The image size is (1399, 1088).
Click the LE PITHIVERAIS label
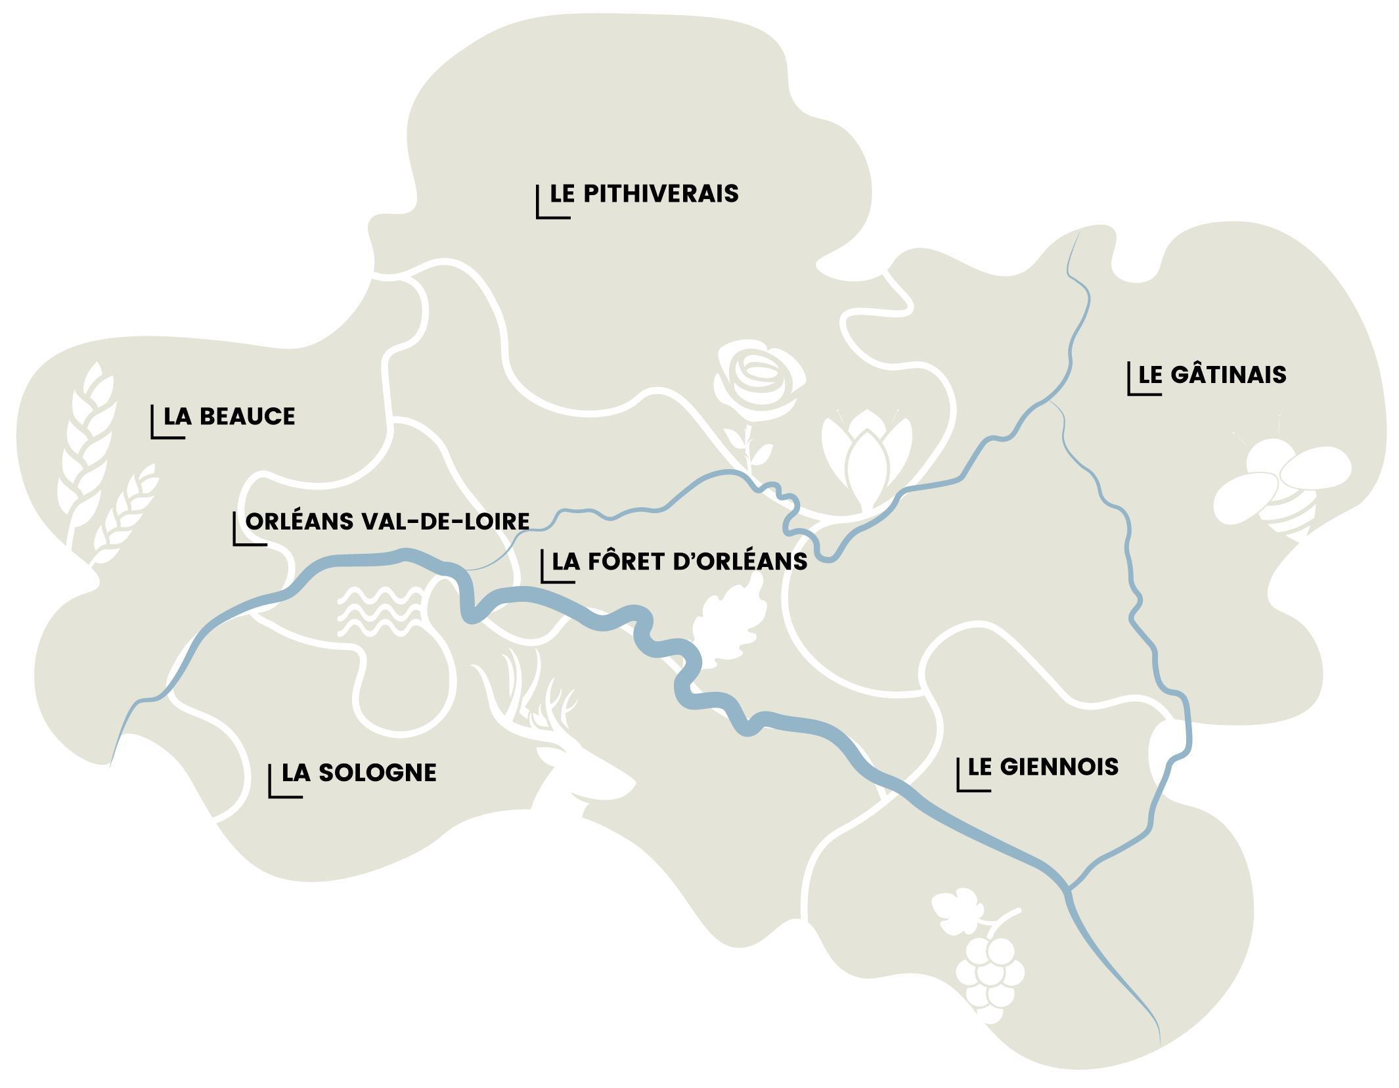point(644,194)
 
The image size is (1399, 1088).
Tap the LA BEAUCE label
point(229,417)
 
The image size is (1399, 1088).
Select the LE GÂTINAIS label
point(1212,374)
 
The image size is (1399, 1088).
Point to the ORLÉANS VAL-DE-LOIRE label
point(387,522)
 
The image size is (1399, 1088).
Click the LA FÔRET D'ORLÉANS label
point(679,562)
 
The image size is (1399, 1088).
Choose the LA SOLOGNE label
point(359,773)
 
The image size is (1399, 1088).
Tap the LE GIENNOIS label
point(1042,767)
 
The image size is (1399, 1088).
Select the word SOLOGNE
point(377,773)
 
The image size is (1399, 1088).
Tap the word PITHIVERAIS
point(661,194)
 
